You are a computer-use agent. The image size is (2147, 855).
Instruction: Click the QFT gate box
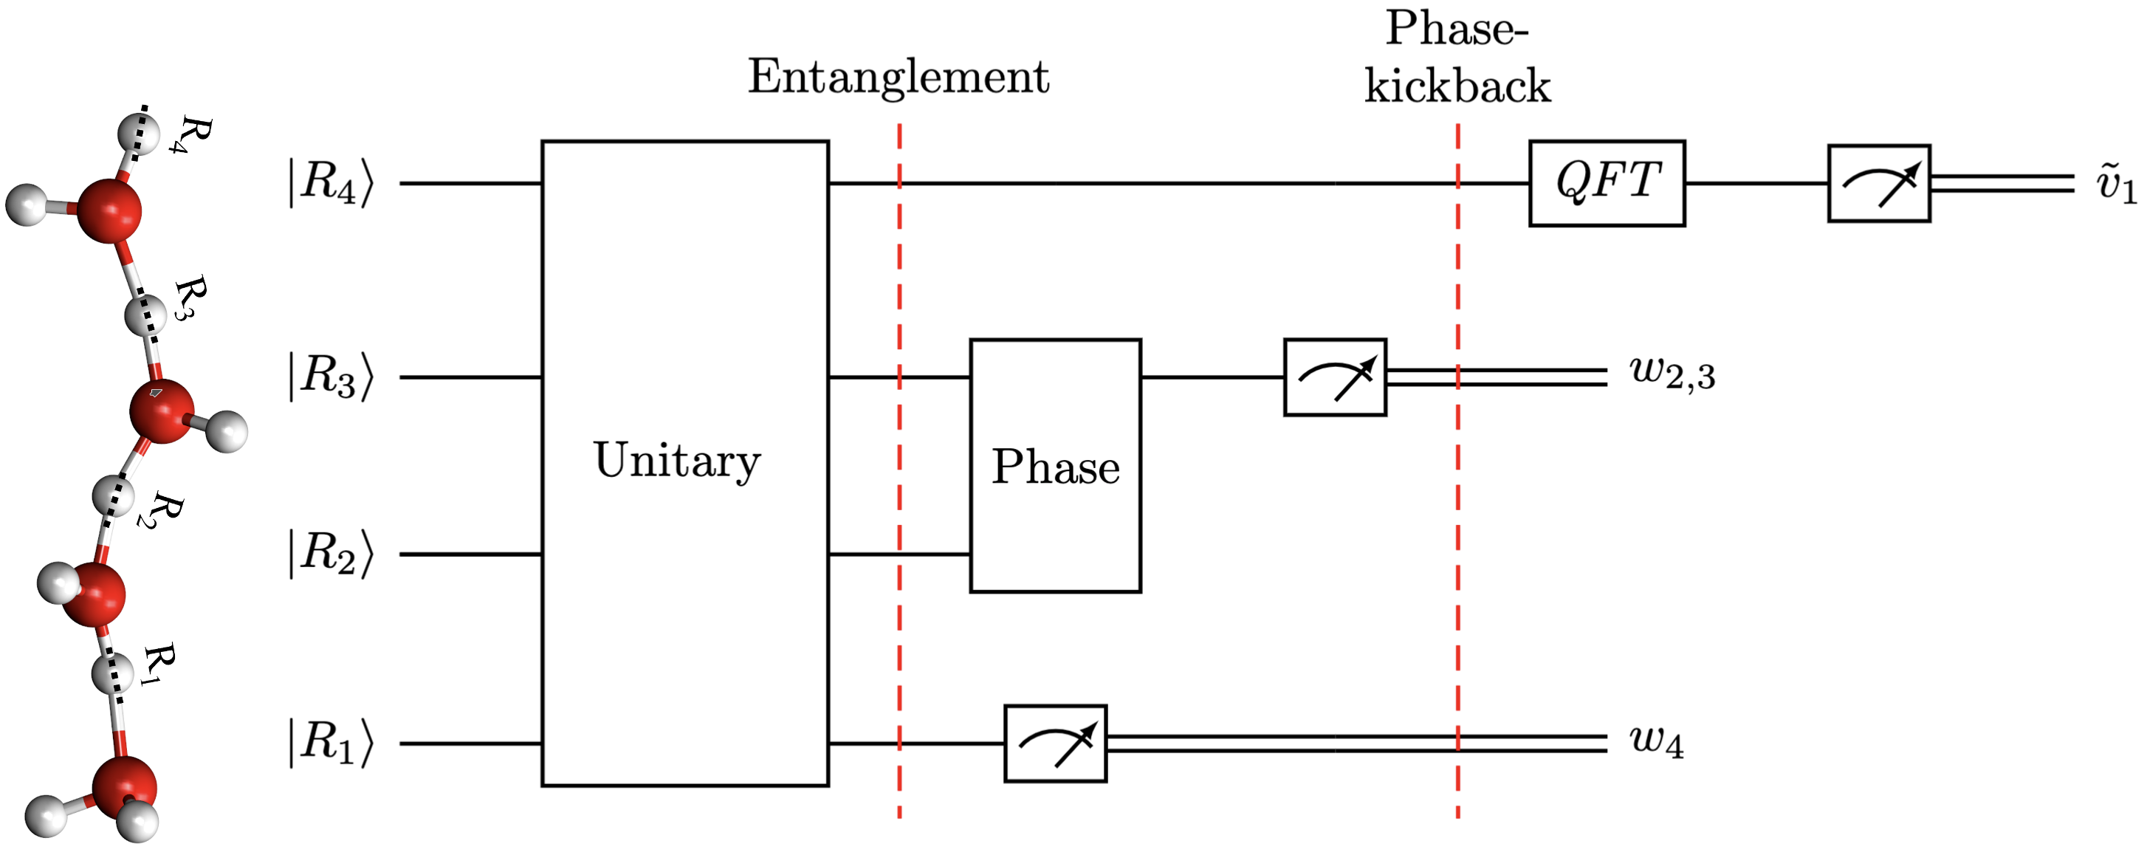point(1606,183)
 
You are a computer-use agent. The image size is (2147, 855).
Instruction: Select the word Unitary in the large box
point(677,460)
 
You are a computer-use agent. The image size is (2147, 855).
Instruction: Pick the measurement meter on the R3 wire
point(1334,377)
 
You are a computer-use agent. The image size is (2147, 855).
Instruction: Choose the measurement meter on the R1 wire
point(1055,744)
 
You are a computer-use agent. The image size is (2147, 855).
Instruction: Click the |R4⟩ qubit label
point(331,182)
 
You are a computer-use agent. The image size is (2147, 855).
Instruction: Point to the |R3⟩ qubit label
point(331,377)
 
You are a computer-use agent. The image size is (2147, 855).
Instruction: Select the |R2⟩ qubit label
point(331,553)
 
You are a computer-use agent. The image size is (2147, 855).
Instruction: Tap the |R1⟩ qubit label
point(331,743)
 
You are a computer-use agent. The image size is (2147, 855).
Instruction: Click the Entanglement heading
point(898,77)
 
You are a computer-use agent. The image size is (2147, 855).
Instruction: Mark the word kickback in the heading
point(1457,86)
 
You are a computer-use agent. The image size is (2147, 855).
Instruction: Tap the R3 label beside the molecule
point(190,298)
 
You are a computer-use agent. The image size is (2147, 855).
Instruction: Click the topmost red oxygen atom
point(109,208)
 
